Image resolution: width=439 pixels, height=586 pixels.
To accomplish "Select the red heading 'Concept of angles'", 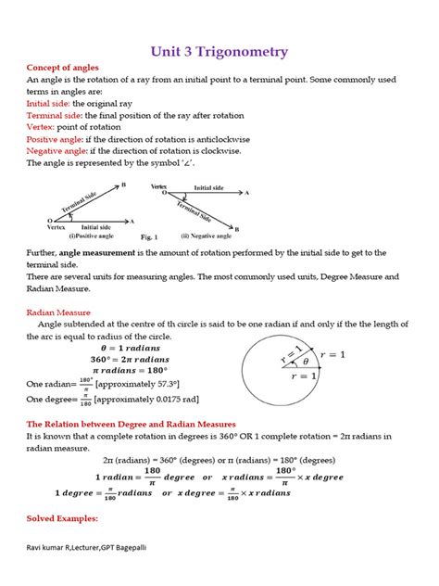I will pos(61,69).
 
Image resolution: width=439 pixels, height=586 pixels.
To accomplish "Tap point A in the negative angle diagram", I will pos(247,193).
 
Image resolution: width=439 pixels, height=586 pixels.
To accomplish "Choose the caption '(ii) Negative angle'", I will pos(204,237).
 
